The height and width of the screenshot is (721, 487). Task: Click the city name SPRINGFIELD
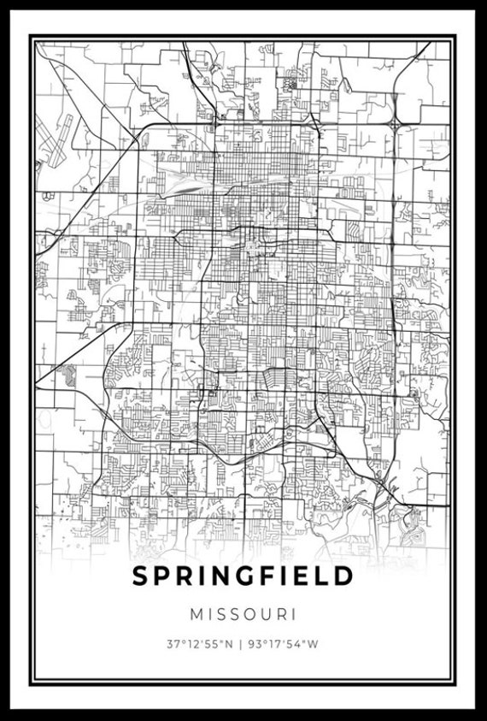[x=243, y=576]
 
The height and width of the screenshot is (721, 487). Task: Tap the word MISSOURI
[x=243, y=614]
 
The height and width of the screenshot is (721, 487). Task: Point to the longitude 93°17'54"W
[x=285, y=644]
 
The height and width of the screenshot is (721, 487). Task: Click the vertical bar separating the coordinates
[x=243, y=644]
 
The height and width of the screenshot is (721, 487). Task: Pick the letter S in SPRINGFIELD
[x=139, y=576]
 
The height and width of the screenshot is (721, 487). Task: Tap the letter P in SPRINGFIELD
[x=161, y=576]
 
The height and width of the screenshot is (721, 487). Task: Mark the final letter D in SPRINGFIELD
[x=343, y=576]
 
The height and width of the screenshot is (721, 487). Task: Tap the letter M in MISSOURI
[x=196, y=614]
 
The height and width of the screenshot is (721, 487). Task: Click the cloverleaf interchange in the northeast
[x=394, y=124]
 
